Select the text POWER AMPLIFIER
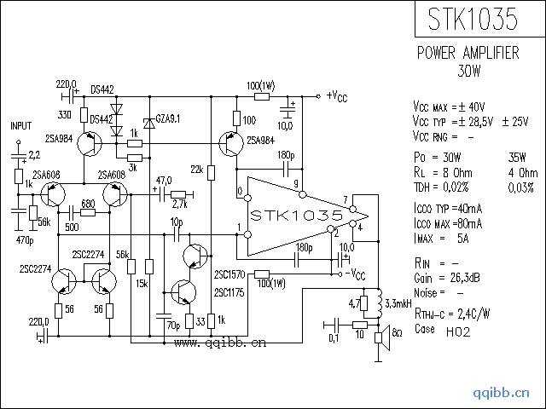tap(468, 53)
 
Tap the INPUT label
tap(20, 125)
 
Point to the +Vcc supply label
tap(337, 95)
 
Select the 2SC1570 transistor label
tap(229, 274)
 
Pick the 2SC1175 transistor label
tap(229, 292)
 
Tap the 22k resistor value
tap(196, 170)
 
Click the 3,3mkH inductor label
tap(399, 303)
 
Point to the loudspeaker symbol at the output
tap(382, 331)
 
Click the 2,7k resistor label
tap(179, 204)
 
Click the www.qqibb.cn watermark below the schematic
tap(220, 344)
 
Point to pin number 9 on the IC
tap(296, 184)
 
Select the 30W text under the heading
tap(468, 70)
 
